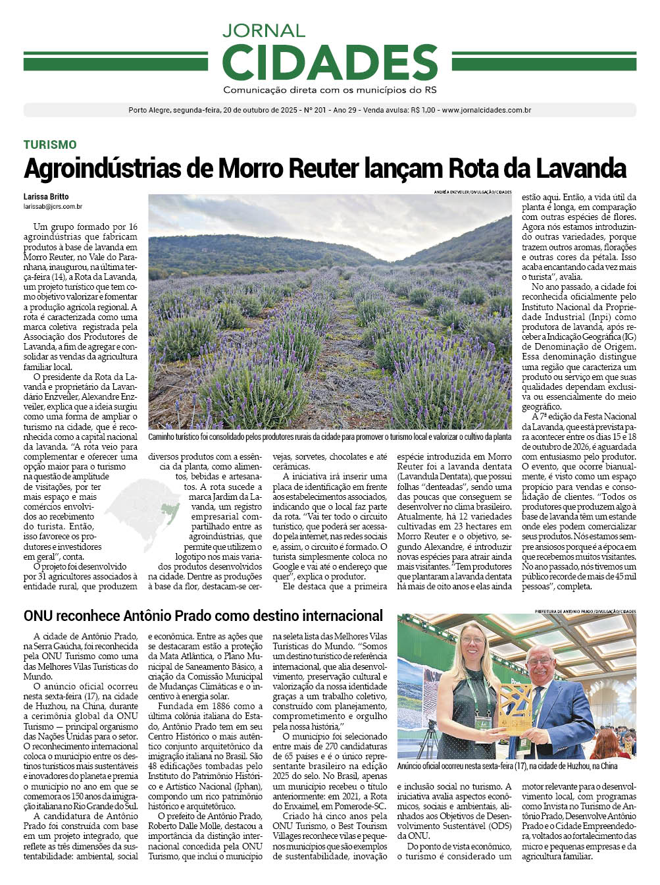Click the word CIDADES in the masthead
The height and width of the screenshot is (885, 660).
(330, 63)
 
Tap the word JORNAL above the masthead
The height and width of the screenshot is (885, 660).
(263, 30)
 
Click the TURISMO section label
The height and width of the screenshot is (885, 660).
(50, 145)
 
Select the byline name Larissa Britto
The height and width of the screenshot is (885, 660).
(46, 197)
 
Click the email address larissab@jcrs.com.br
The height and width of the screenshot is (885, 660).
(53, 207)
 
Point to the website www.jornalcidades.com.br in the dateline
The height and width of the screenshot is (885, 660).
(486, 111)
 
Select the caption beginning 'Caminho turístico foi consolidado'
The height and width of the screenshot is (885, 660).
(329, 437)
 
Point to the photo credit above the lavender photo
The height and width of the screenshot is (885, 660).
(472, 192)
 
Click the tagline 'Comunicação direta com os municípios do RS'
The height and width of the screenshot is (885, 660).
(330, 90)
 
